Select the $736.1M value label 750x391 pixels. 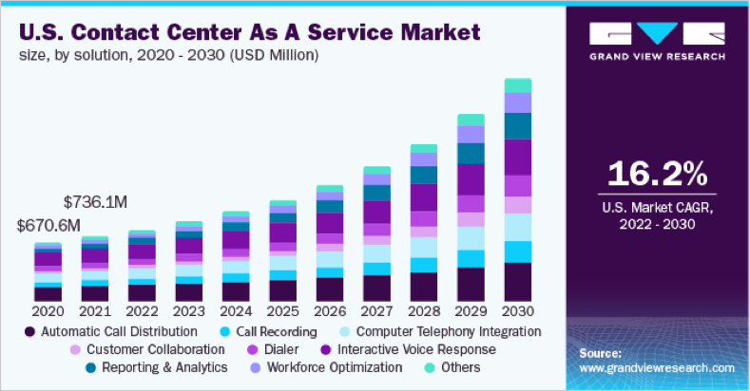click(x=96, y=201)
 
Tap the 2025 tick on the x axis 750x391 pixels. click(x=282, y=310)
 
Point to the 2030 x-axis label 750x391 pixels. click(x=517, y=310)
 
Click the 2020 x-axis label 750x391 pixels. click(x=48, y=310)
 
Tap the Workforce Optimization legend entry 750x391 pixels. click(x=320, y=366)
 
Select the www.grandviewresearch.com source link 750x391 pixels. click(x=656, y=367)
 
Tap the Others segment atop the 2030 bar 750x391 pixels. click(x=517, y=85)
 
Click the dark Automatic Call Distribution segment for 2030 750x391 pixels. click(x=517, y=282)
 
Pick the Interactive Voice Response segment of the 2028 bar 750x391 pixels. click(x=423, y=196)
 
